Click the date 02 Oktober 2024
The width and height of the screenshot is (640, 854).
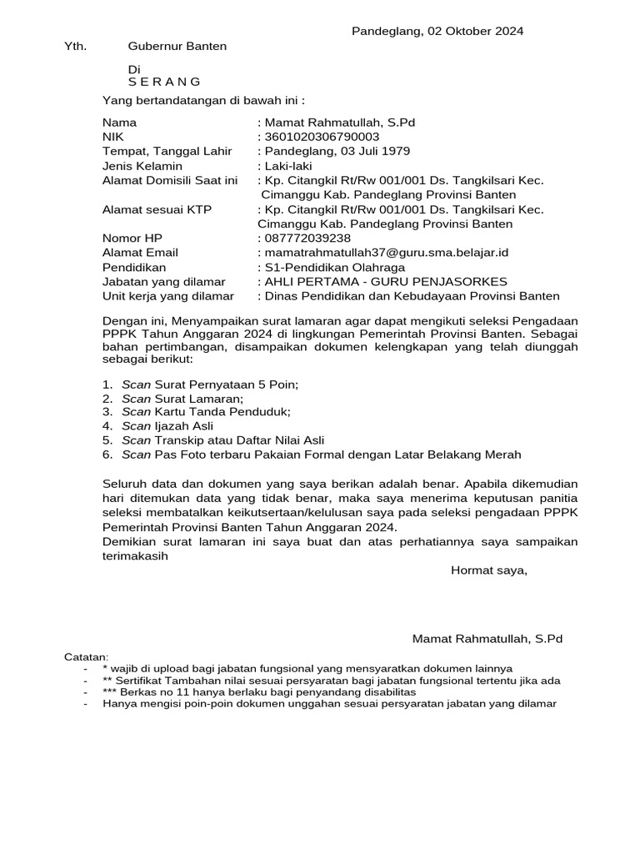[x=475, y=32]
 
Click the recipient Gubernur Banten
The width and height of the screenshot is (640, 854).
[x=177, y=47]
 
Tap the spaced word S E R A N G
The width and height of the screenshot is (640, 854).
[x=165, y=82]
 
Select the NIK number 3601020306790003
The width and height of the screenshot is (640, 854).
[x=322, y=137]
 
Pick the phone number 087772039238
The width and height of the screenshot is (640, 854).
[x=307, y=239]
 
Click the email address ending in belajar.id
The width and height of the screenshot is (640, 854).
[x=387, y=253]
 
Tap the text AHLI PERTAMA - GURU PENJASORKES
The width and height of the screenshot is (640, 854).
[x=386, y=282]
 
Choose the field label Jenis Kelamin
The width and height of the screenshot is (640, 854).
[x=142, y=166]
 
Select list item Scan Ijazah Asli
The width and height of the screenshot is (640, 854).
[x=167, y=425]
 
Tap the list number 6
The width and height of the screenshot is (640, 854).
[x=107, y=455]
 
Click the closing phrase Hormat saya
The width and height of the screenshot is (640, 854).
[x=488, y=571]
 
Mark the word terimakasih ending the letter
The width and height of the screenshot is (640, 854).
[x=135, y=557]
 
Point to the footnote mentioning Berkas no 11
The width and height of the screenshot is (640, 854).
[x=259, y=692]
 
